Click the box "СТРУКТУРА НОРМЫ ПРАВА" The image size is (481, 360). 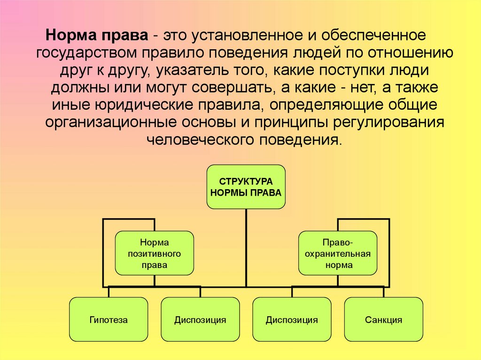click(246, 186)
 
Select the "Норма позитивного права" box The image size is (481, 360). click(155, 253)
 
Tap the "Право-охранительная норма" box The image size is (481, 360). click(338, 253)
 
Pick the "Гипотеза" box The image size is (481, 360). click(109, 320)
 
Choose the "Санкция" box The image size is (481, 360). click(383, 320)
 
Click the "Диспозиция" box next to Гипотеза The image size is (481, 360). click(200, 320)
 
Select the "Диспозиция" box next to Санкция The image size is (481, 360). click(292, 320)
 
